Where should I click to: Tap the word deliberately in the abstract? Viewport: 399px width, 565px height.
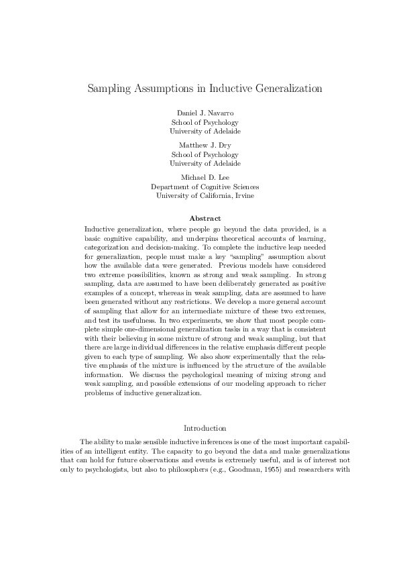(225, 284)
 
